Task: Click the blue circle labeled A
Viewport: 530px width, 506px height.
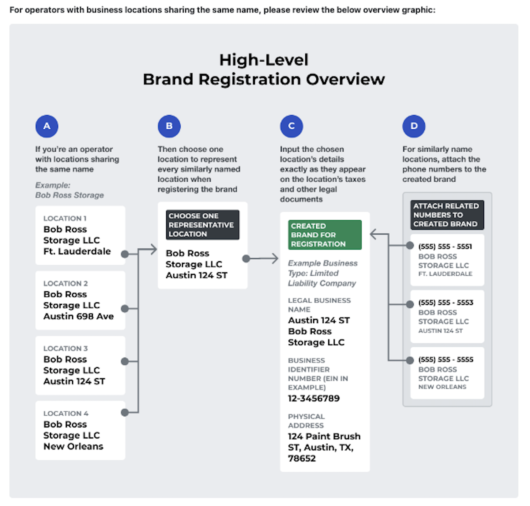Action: coord(47,126)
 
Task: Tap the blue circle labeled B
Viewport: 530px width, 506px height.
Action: coord(169,126)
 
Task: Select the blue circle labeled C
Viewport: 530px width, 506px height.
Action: coord(291,126)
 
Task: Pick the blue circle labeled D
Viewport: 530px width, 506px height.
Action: coord(414,126)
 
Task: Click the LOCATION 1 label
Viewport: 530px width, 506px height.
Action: coord(65,218)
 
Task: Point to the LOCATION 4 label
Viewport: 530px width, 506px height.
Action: coord(66,413)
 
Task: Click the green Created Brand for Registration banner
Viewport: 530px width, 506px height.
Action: coord(325,235)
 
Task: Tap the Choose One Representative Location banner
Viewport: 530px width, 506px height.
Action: coord(202,225)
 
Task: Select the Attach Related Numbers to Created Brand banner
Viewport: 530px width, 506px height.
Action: coord(447,215)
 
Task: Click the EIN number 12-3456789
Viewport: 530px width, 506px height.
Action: coord(314,398)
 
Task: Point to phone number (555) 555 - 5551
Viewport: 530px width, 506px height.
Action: coord(445,246)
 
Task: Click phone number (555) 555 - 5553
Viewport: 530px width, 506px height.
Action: coord(446,302)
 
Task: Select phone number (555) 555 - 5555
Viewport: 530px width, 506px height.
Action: coord(446,359)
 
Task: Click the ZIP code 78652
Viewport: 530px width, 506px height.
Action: coord(302,458)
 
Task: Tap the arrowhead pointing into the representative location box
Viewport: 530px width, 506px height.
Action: coord(153,250)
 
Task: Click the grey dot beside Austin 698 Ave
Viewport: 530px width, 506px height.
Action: coord(125,308)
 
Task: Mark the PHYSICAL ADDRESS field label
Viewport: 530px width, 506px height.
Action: coord(306,421)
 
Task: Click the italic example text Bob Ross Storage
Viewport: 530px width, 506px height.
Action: coord(70,195)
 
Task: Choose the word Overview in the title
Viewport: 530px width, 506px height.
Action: coord(345,79)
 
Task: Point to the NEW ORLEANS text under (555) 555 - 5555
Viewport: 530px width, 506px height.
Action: coord(442,387)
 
